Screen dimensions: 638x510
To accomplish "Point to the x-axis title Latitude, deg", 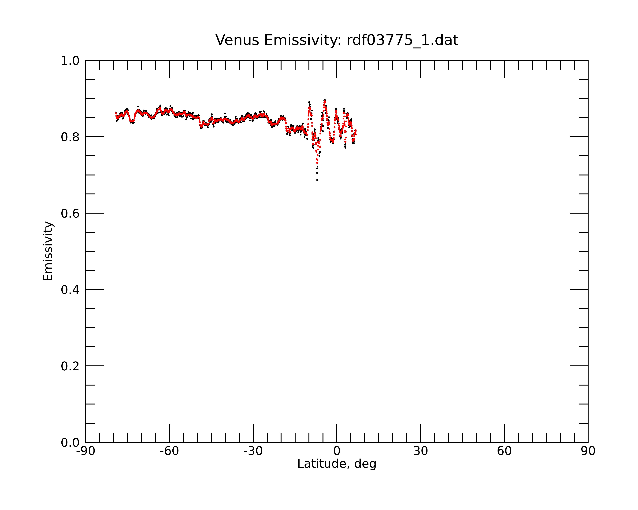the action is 337,464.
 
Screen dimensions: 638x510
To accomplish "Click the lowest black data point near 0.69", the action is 317,180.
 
